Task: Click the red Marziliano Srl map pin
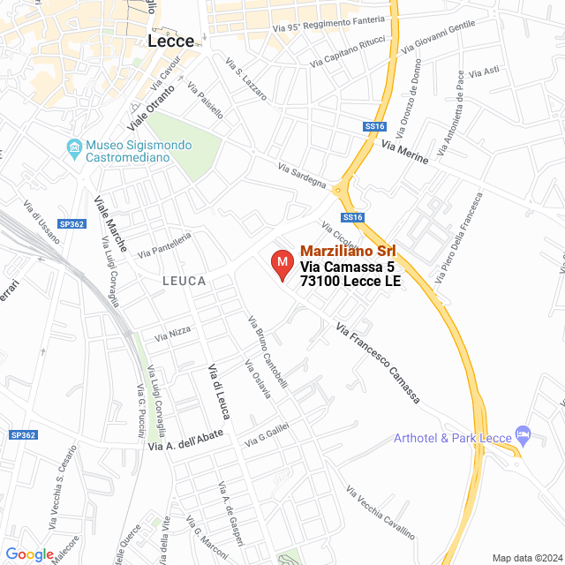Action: (x=282, y=264)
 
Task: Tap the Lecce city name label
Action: (x=171, y=41)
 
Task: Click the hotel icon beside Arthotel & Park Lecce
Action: (x=524, y=433)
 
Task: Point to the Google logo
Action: (x=29, y=554)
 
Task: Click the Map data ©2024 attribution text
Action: (x=526, y=557)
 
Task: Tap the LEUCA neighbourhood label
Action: (x=184, y=281)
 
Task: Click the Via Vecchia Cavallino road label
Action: (x=380, y=514)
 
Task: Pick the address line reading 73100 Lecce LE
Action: (x=350, y=282)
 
